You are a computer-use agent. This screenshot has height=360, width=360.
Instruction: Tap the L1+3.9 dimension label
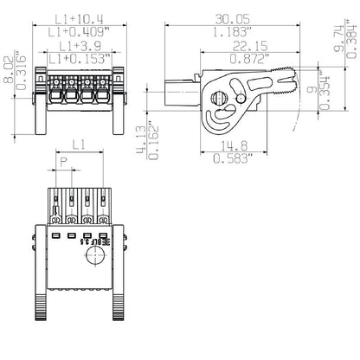click(x=78, y=45)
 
